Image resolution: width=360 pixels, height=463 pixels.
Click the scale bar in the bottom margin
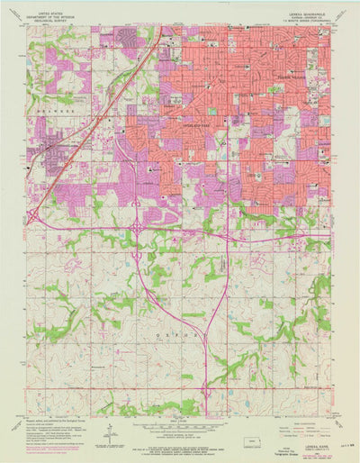coord(180,426)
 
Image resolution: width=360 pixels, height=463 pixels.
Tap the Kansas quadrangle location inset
coord(258,440)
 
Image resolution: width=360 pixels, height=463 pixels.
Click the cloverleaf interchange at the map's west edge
coord(33,216)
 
